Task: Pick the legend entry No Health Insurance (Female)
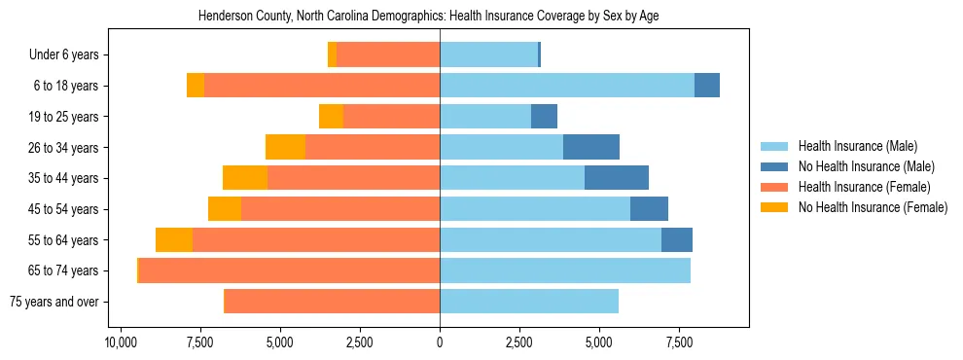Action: [873, 207]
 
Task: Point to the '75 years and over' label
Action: [53, 302]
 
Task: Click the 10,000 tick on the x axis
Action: [120, 342]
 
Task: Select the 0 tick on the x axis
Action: [440, 342]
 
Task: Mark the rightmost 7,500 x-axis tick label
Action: [679, 342]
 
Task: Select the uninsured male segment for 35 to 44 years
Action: [616, 178]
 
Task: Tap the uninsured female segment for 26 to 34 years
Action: [285, 147]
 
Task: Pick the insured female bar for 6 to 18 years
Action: [321, 86]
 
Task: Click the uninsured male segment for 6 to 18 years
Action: [706, 86]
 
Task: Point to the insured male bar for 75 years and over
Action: [528, 302]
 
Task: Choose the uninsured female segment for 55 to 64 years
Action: [173, 239]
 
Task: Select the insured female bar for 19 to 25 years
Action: [391, 117]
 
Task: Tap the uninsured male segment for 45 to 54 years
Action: [649, 209]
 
